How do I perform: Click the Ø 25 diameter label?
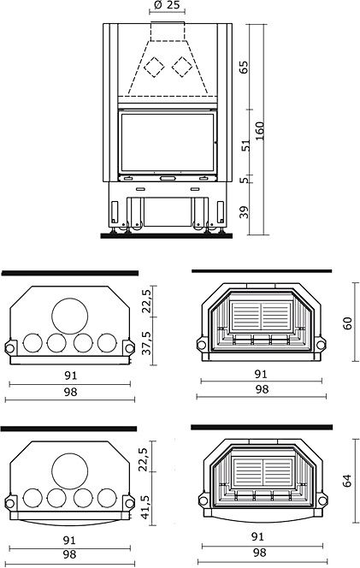(x=167, y=5)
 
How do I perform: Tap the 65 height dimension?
(x=244, y=67)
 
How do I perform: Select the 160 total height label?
(x=259, y=131)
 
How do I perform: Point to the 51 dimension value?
(x=245, y=145)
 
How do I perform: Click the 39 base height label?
(x=245, y=212)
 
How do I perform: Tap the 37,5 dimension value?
(x=148, y=342)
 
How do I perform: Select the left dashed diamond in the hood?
(x=154, y=67)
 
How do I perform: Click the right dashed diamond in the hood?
(x=182, y=67)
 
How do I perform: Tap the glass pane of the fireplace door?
(x=167, y=142)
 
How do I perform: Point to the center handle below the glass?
(x=167, y=178)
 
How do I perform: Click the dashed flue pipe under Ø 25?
(x=168, y=32)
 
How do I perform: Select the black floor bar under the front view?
(x=166, y=236)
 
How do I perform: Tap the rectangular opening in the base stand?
(x=167, y=212)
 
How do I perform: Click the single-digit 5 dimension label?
(x=245, y=180)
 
